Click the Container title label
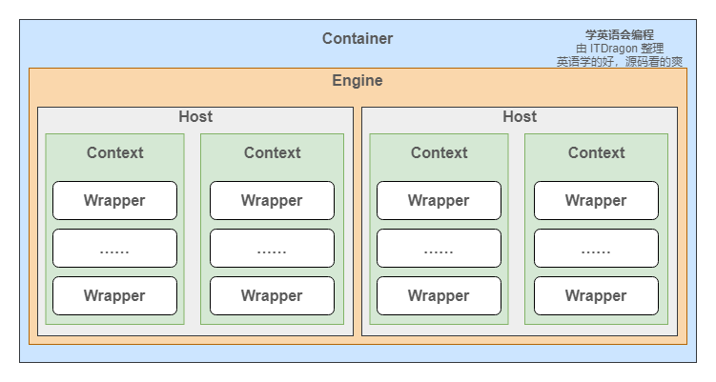pos(358,39)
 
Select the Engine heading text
pos(358,81)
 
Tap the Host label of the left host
pos(195,117)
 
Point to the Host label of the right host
pos(520,117)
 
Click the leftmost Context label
pos(114,152)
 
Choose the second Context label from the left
pos(272,152)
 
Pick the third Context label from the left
pos(439,152)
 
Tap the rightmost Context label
pos(596,152)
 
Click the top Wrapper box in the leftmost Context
pos(114,200)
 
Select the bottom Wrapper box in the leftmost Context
pos(114,295)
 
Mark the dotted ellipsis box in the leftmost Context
pos(114,248)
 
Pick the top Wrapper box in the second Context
pos(272,200)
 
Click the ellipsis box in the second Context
pos(272,248)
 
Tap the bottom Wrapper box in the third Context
pos(439,295)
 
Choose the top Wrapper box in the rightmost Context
pos(596,200)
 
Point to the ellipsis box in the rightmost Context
pos(596,248)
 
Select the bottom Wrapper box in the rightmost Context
pos(596,295)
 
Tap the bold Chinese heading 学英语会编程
pos(620,34)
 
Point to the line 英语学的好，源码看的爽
pos(620,61)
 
